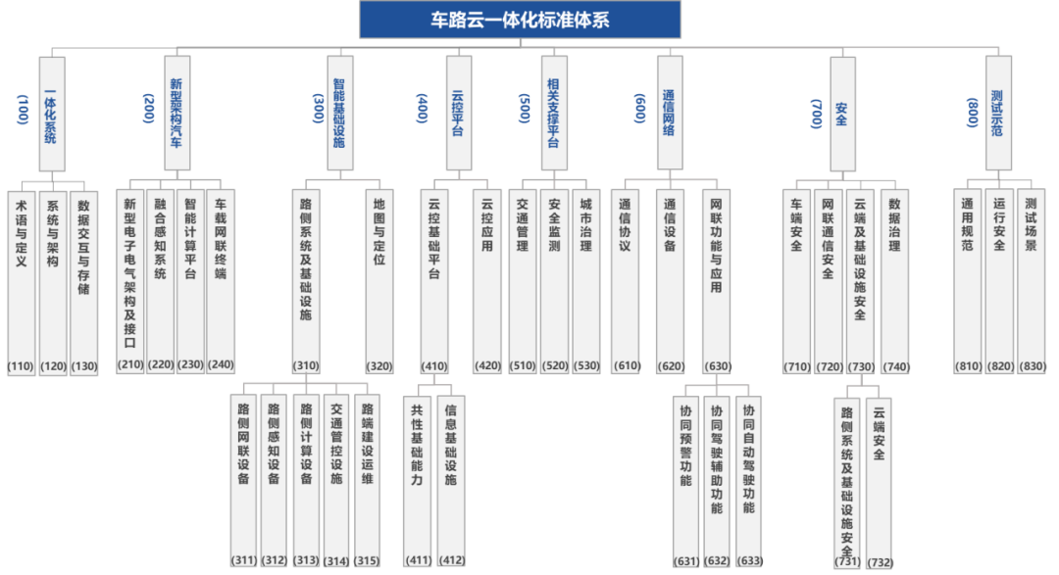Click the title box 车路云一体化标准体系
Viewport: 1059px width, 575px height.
tap(520, 20)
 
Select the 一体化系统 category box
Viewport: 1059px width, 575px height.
tap(52, 114)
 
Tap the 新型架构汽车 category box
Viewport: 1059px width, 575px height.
tap(176, 114)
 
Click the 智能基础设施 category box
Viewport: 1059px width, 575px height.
tap(340, 114)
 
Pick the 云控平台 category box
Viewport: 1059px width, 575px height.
tap(458, 114)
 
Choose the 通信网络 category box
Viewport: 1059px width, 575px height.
tap(670, 114)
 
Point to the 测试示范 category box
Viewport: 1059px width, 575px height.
tap(998, 114)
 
